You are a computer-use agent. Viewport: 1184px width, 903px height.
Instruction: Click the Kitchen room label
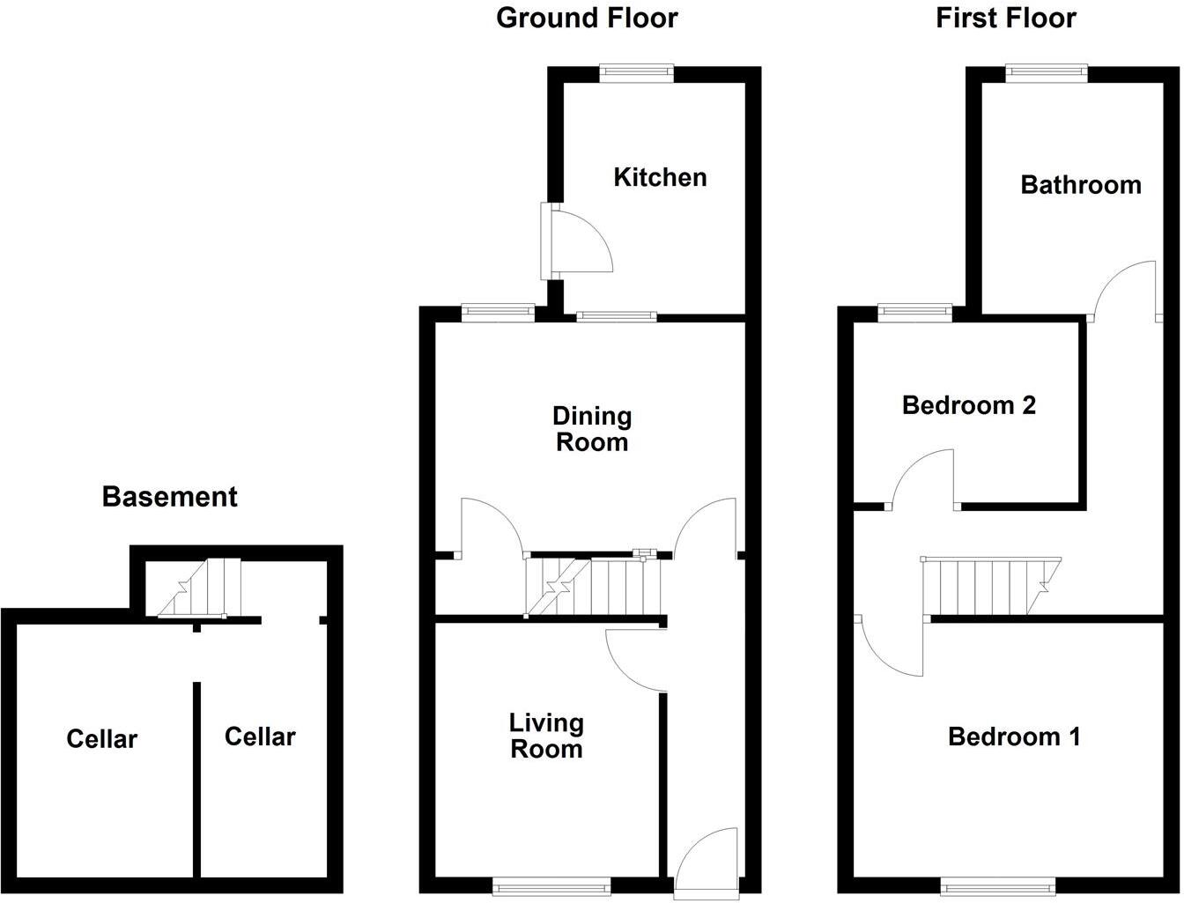click(660, 177)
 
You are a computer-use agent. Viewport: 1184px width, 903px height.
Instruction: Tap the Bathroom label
click(1080, 185)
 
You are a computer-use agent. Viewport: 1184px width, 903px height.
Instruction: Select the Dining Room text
click(592, 428)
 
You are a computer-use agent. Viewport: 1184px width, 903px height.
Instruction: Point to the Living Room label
click(546, 736)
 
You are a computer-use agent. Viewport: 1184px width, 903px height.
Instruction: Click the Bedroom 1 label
click(1014, 736)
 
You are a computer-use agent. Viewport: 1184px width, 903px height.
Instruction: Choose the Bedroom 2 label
click(969, 405)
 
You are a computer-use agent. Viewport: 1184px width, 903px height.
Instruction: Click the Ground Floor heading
click(587, 18)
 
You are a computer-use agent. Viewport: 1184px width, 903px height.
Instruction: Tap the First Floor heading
click(1005, 18)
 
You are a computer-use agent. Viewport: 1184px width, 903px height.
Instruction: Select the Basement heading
click(170, 497)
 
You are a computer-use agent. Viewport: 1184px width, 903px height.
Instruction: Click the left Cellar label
click(102, 738)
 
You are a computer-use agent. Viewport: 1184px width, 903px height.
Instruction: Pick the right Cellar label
click(260, 736)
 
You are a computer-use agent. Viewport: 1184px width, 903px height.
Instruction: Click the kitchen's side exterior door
click(577, 240)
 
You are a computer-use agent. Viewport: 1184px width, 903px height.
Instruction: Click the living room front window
click(551, 885)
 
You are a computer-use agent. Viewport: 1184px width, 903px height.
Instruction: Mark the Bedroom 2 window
click(915, 310)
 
